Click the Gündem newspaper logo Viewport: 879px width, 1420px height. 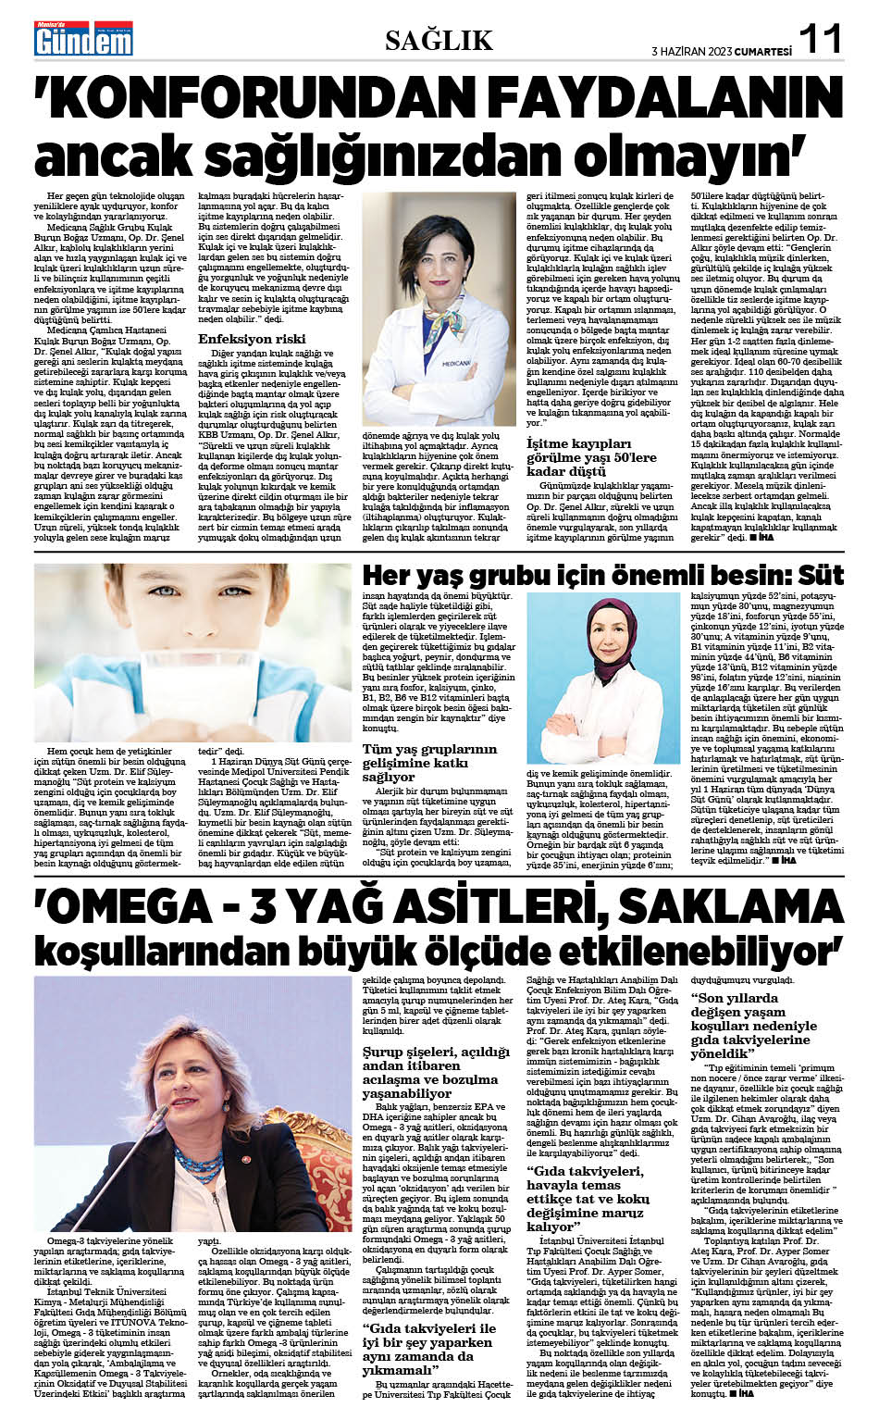(x=83, y=38)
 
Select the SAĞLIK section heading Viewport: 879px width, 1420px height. (x=439, y=40)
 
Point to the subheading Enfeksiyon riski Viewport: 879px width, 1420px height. (x=252, y=339)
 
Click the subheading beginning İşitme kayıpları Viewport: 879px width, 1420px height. (x=591, y=457)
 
